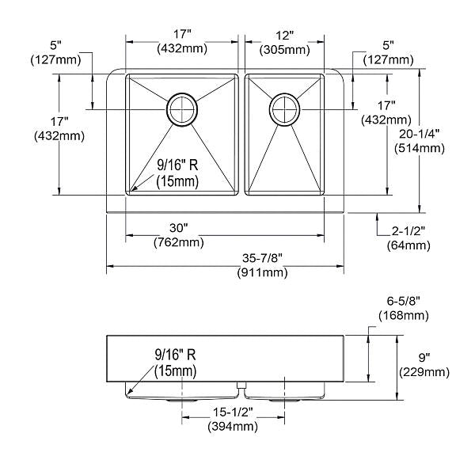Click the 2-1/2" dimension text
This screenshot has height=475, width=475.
tap(409, 231)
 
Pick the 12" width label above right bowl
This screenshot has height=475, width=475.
tap(285, 36)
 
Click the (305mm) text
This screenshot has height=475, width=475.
tap(285, 50)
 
